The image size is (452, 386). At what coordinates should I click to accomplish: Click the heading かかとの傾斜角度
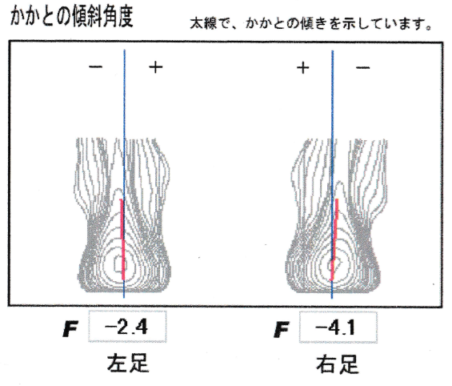(71, 16)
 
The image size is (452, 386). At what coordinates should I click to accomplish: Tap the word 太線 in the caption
(203, 23)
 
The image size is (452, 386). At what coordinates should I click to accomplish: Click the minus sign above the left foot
(95, 67)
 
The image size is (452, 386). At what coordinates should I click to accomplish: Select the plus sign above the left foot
(156, 67)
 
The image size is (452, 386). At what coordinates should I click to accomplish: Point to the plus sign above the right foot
(302, 68)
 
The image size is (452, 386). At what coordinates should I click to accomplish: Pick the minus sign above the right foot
(362, 68)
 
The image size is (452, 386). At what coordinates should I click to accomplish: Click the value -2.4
(126, 328)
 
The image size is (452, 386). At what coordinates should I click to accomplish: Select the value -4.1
(335, 328)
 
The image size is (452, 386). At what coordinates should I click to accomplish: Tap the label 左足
(128, 363)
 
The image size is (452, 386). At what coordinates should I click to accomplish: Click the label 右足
(338, 364)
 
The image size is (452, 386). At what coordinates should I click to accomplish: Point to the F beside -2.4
(70, 329)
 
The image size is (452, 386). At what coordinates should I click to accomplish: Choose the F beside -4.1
(282, 330)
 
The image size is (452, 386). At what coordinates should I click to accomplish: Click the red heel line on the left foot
(123, 239)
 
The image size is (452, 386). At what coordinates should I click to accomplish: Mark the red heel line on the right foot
(334, 239)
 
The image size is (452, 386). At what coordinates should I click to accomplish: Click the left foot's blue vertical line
(124, 174)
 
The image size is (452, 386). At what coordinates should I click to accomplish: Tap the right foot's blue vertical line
(332, 175)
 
